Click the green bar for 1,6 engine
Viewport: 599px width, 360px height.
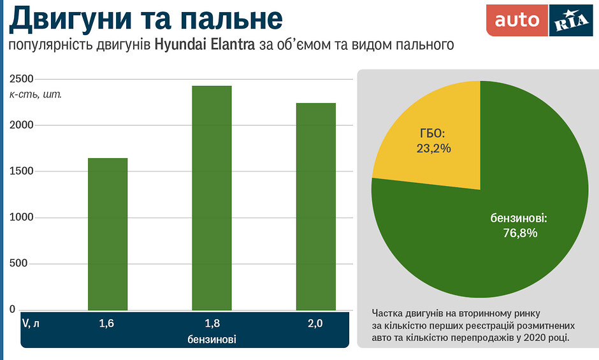[108, 234]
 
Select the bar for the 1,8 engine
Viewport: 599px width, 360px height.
[212, 198]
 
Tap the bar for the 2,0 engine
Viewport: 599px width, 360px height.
[315, 206]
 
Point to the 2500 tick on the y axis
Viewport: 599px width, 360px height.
[21, 79]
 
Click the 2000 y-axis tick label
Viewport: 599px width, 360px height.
[21, 126]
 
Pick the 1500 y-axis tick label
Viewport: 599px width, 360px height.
[21, 171]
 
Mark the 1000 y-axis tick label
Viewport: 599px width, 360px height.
[21, 218]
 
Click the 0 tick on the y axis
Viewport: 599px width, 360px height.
[12, 310]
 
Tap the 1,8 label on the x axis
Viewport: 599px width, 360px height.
[212, 324]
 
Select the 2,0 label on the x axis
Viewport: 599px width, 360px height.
[315, 324]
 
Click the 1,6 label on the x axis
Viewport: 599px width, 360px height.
[106, 324]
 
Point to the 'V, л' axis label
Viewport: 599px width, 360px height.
[31, 324]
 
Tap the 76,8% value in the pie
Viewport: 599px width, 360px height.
[520, 233]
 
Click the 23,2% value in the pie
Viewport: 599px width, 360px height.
[433, 148]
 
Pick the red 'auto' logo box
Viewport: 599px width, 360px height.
[517, 20]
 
